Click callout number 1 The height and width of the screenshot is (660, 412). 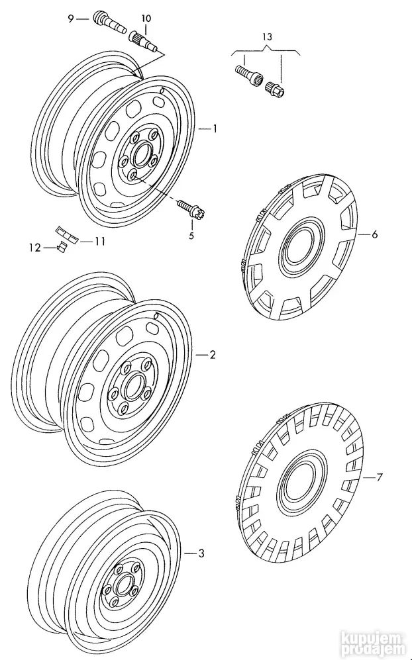(x=215, y=130)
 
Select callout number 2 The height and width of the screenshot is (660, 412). (x=213, y=355)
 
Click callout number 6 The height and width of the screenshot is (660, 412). (x=374, y=234)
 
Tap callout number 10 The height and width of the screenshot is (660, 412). (x=146, y=18)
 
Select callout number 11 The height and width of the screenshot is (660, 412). (x=100, y=242)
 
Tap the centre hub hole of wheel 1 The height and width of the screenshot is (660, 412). (x=141, y=156)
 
